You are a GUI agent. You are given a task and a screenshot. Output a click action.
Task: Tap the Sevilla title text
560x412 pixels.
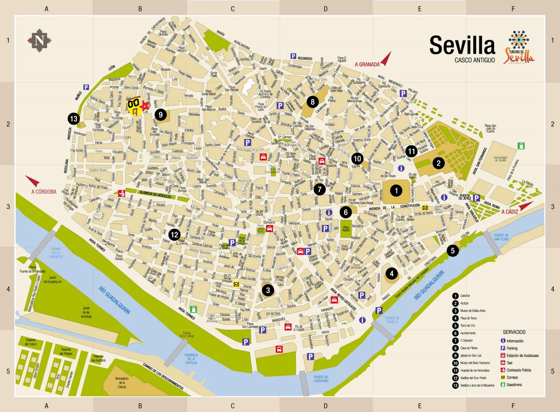[462, 46]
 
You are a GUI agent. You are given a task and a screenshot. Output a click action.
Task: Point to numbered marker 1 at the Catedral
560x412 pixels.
[396, 190]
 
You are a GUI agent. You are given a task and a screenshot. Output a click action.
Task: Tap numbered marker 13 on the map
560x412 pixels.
[73, 119]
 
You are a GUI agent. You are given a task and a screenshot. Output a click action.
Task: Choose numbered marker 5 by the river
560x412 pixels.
[453, 251]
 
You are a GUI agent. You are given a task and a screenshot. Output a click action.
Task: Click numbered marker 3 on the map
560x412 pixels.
[268, 290]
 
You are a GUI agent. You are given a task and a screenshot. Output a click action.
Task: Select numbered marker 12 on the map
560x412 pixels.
[174, 235]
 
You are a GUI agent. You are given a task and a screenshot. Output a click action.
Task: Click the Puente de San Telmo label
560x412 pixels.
[501, 237]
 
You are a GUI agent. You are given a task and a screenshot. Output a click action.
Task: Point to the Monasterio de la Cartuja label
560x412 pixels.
[122, 383]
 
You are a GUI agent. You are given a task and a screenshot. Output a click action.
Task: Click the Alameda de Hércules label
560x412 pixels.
[155, 197]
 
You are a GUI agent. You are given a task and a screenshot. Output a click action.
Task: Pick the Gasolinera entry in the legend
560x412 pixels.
[514, 385]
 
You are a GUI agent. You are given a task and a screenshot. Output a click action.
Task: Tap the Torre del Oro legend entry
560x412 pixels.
[468, 326]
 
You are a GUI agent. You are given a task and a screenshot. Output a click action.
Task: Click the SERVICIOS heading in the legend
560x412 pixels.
[514, 332]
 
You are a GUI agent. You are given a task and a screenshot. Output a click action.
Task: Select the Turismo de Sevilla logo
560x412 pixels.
[519, 47]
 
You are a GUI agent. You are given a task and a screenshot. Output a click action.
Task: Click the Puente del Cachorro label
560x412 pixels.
[321, 379]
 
